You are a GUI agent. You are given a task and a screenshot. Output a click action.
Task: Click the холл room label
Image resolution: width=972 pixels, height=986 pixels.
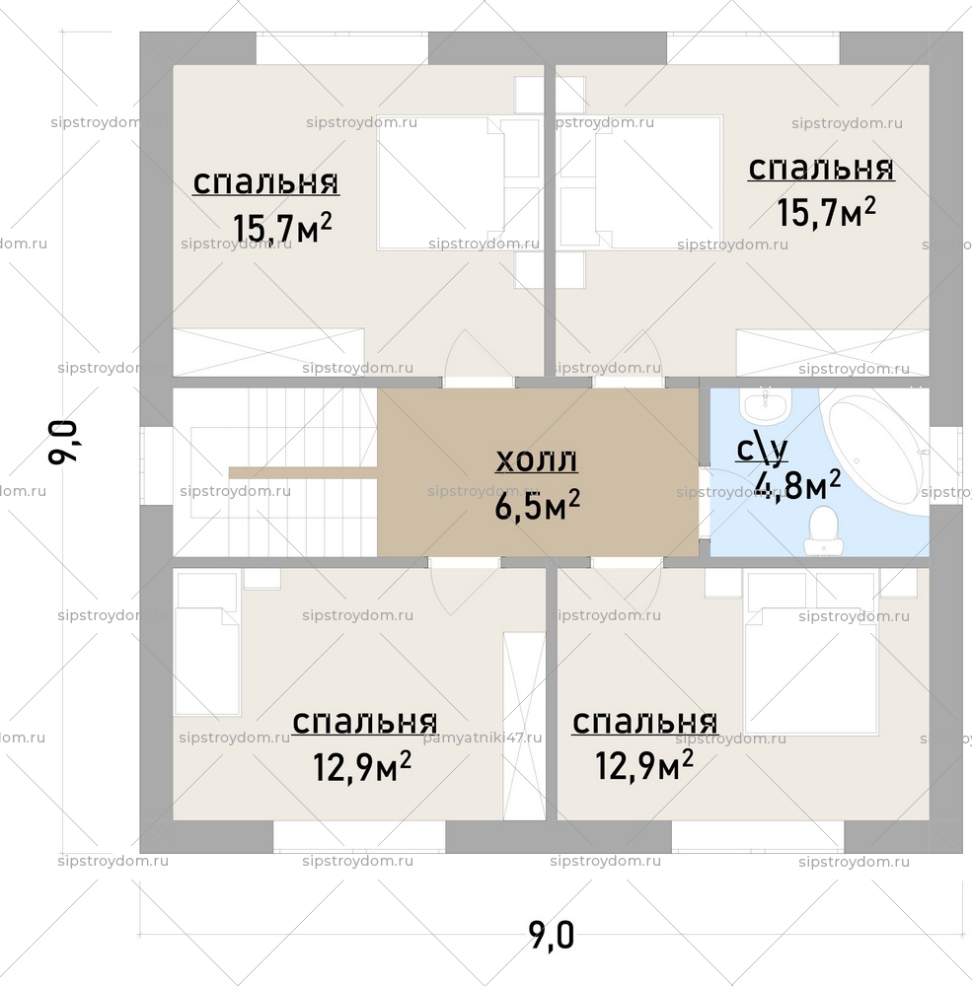536,459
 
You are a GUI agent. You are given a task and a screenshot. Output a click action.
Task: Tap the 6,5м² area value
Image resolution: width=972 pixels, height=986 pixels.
536,506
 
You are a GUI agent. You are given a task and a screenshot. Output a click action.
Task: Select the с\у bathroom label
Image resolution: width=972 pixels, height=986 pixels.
762,450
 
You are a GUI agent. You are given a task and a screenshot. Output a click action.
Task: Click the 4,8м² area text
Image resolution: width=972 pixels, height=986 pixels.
796,486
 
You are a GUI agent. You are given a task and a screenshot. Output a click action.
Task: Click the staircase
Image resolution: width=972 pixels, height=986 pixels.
276,471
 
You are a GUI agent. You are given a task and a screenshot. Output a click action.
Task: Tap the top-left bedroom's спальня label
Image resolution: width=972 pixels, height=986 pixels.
265,182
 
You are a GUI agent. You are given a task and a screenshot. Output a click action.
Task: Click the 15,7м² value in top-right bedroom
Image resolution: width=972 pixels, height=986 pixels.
826,211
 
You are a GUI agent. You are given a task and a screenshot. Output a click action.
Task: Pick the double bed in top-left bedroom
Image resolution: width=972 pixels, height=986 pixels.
441,182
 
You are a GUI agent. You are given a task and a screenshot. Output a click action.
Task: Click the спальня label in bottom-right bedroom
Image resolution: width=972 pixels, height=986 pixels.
644,722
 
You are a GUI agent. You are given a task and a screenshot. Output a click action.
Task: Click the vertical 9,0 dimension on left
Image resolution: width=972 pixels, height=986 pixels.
62,442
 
